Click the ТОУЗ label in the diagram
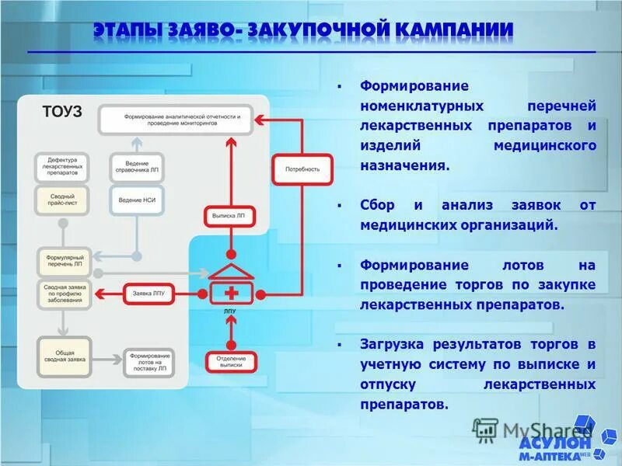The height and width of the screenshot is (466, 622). pyautogui.click(x=61, y=112)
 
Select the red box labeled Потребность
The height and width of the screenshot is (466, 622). pyautogui.click(x=302, y=169)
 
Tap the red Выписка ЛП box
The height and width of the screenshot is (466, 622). pyautogui.click(x=229, y=214)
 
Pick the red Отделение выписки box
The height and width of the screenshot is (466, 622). pyautogui.click(x=230, y=361)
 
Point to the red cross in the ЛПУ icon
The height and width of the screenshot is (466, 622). pyautogui.click(x=230, y=294)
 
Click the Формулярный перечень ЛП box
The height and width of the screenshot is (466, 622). pyautogui.click(x=64, y=260)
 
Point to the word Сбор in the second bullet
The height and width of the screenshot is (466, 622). pyautogui.click(x=377, y=206)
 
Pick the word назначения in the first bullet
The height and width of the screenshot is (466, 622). pyautogui.click(x=404, y=165)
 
